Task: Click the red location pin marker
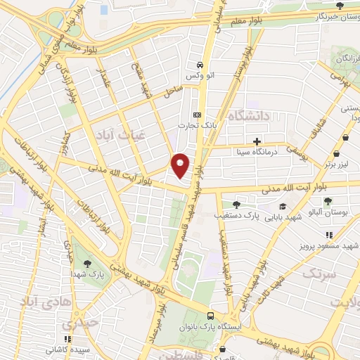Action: (x=181, y=165)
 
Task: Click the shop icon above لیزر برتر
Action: (x=338, y=153)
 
